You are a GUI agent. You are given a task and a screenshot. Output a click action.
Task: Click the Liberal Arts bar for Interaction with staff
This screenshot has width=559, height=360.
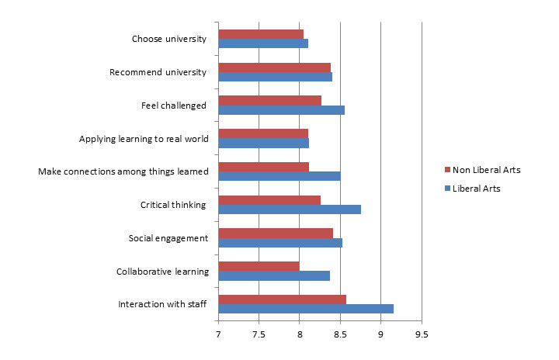tap(306, 309)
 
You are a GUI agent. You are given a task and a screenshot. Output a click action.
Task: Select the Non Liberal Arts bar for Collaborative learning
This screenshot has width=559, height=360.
tap(259, 266)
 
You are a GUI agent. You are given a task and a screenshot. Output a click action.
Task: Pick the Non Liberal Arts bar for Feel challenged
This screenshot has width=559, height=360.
tap(269, 100)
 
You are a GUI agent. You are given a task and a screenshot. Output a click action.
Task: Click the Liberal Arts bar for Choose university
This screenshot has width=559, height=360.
tap(263, 43)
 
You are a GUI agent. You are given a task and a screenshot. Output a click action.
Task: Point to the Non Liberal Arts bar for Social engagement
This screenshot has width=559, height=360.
tap(276, 233)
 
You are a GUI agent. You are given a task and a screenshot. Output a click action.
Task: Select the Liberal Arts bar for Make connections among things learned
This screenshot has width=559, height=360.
tap(279, 176)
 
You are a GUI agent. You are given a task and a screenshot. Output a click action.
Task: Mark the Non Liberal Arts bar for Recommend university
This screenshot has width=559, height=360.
tap(274, 67)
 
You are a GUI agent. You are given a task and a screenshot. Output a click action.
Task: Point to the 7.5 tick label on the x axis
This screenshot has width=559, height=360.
tap(259, 334)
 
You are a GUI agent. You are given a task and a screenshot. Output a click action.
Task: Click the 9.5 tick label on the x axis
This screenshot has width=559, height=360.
tap(421, 334)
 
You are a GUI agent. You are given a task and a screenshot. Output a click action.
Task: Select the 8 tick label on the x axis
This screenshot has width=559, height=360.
tap(300, 334)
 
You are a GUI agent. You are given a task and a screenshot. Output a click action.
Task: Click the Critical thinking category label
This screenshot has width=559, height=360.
tap(172, 205)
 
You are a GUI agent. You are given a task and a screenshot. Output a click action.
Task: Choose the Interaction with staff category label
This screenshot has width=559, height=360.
tap(161, 303)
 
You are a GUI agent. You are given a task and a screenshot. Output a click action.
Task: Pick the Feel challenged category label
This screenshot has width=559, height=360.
tap(173, 106)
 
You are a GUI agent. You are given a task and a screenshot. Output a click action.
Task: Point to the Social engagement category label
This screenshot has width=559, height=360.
tap(168, 238)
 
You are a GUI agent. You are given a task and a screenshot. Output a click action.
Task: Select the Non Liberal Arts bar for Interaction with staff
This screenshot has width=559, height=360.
tap(282, 299)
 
